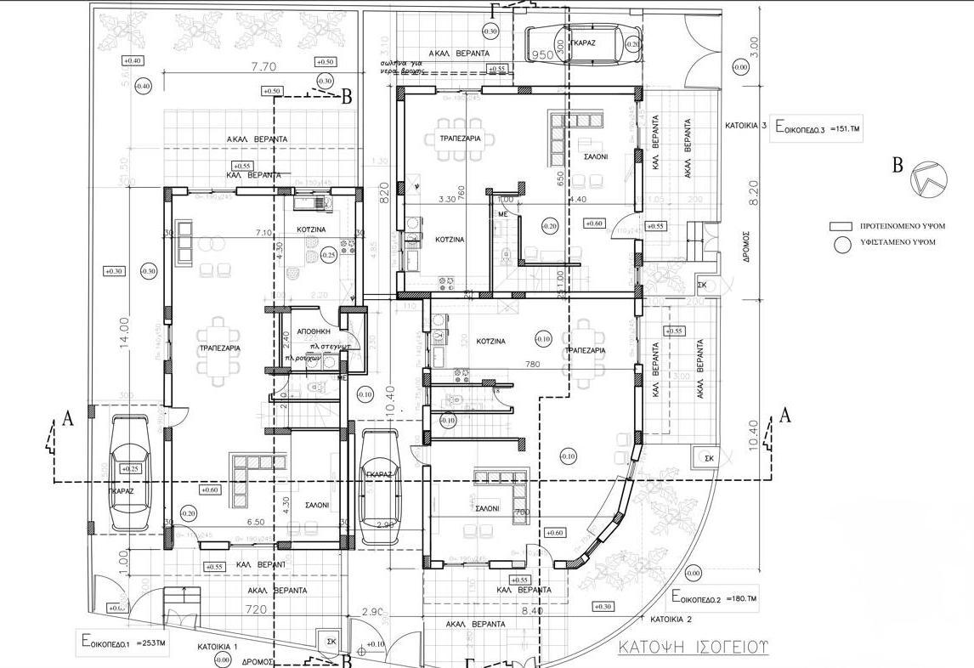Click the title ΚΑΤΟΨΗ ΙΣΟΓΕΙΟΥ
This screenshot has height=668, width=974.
(x=693, y=647)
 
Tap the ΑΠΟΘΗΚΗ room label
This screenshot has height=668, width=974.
(x=307, y=334)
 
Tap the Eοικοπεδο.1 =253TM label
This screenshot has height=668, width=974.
(x=126, y=643)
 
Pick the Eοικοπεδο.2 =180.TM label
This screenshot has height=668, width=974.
(x=714, y=598)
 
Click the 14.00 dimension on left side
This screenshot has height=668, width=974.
(x=124, y=333)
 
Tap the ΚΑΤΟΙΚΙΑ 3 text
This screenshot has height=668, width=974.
(x=745, y=126)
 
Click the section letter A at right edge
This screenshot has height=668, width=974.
(x=785, y=416)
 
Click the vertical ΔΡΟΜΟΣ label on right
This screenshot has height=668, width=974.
(x=744, y=248)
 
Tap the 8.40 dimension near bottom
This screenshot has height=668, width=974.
(x=532, y=611)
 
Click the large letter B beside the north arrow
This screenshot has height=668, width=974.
(x=897, y=166)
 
